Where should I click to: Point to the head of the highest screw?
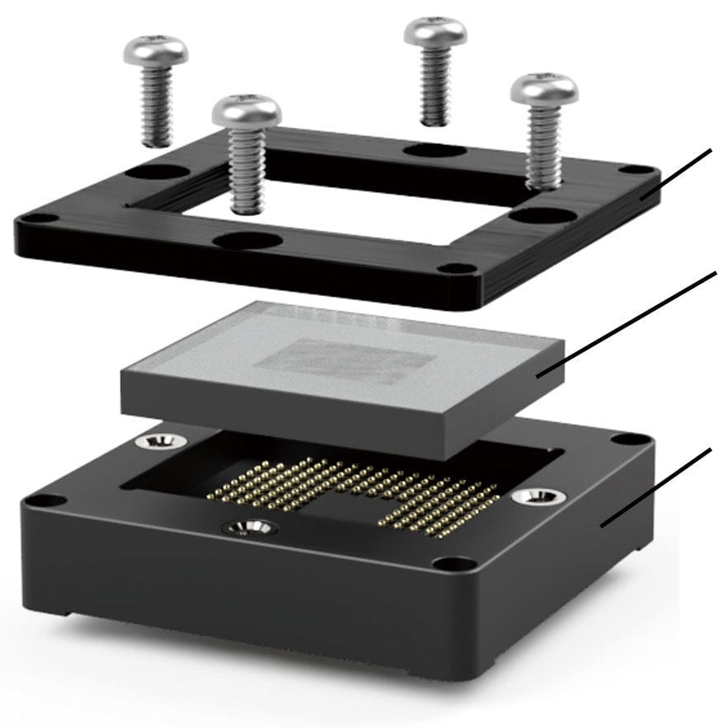pos(434,31)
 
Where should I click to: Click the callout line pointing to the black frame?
pos(676,174)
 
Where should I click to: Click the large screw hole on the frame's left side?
pos(160,173)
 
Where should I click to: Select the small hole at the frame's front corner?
pos(454,269)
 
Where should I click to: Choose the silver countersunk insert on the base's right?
pos(538,496)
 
